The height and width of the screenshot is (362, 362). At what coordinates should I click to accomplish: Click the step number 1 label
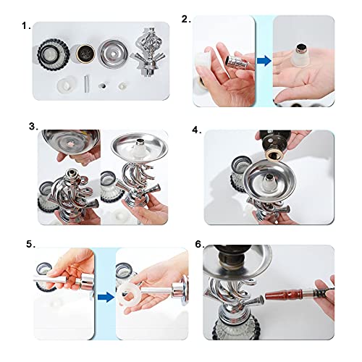coord(26,25)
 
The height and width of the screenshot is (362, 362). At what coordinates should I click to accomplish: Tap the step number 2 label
coord(186,20)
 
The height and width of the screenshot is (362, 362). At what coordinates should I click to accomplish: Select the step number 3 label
coord(33,126)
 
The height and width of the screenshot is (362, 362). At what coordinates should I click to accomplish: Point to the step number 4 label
coord(196,130)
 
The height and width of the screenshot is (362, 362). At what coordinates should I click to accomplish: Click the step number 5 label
coord(30,244)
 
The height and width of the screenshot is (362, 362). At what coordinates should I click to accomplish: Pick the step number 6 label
coord(200,244)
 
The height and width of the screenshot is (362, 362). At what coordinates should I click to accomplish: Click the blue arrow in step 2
coord(264,61)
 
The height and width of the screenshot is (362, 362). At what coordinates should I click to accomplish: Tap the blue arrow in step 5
coord(106,297)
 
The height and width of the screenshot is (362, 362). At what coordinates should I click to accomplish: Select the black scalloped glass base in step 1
coord(54,54)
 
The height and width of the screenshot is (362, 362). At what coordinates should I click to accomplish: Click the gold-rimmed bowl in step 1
coord(85,54)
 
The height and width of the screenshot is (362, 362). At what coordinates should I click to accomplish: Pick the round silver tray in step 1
coord(113,54)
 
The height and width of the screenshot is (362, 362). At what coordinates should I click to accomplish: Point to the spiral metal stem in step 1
coord(148,52)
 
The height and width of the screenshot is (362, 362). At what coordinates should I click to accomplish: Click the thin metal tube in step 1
coord(86,84)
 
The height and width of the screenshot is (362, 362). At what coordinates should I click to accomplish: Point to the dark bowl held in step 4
coord(275,144)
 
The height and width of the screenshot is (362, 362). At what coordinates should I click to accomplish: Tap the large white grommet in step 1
coord(67,85)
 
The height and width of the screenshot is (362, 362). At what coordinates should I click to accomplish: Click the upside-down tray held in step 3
coord(71,141)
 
